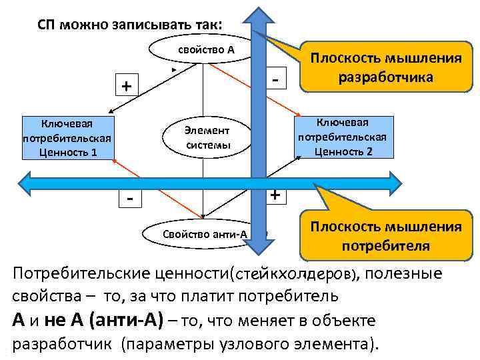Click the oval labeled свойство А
click(200, 49)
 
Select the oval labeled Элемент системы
click(207, 137)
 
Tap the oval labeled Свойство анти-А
click(200, 234)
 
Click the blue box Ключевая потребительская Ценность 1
click(66, 138)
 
